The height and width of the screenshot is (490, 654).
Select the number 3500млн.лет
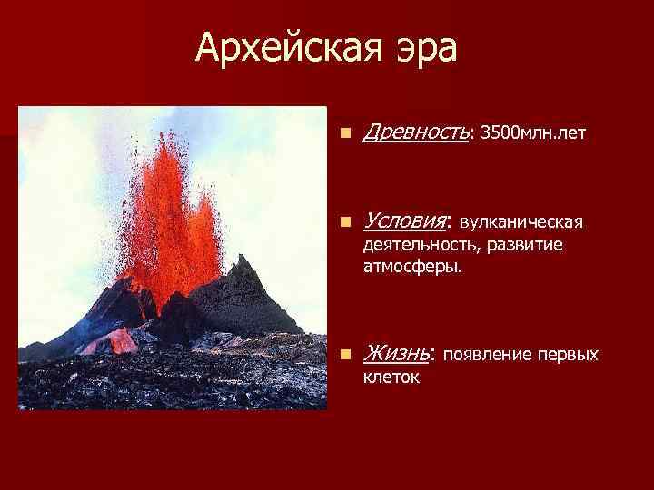532,134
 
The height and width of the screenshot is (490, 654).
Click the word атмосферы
411,268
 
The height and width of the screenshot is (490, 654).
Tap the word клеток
391,377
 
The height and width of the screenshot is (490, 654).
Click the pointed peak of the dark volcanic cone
243,259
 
